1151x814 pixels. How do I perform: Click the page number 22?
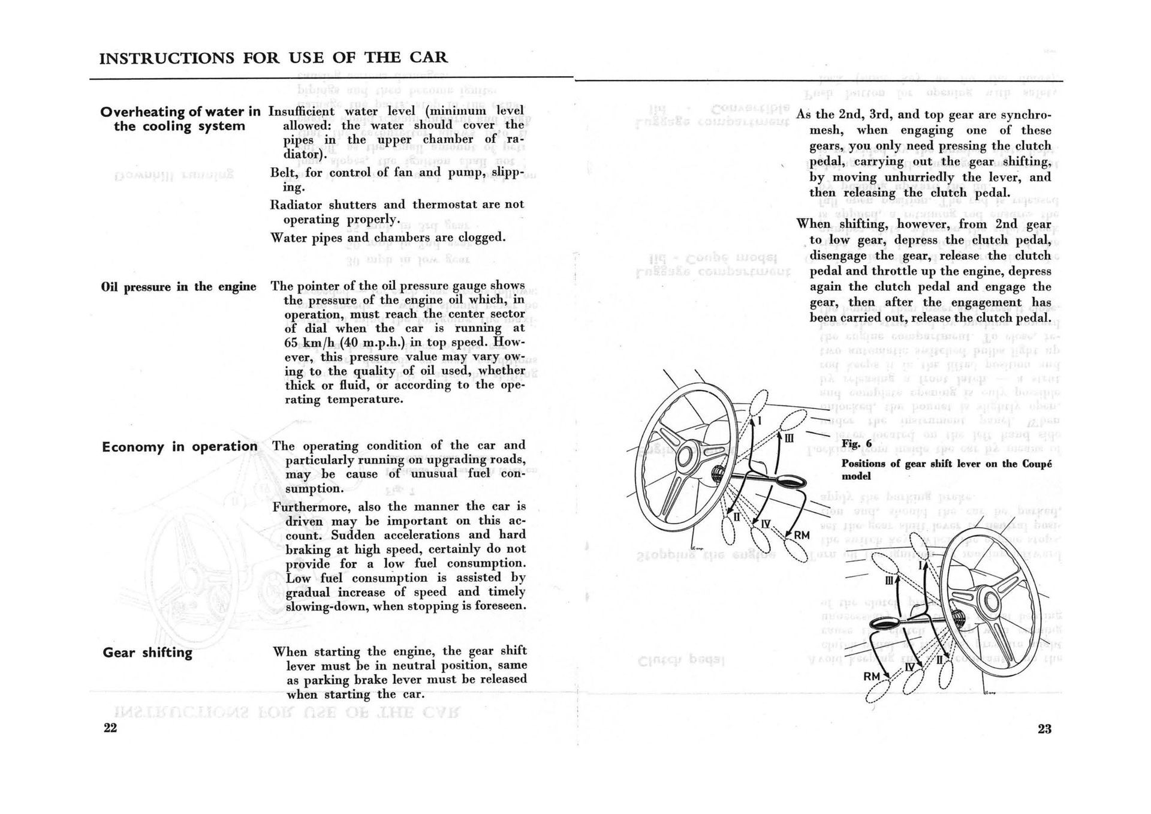coord(110,728)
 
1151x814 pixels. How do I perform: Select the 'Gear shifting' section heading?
coord(147,653)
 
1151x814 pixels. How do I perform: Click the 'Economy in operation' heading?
coord(179,447)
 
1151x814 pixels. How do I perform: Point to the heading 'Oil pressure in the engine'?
coord(179,287)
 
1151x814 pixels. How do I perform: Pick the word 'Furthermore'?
coord(310,507)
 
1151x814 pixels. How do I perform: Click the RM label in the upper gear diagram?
coord(802,534)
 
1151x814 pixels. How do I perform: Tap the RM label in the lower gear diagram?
coord(872,677)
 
